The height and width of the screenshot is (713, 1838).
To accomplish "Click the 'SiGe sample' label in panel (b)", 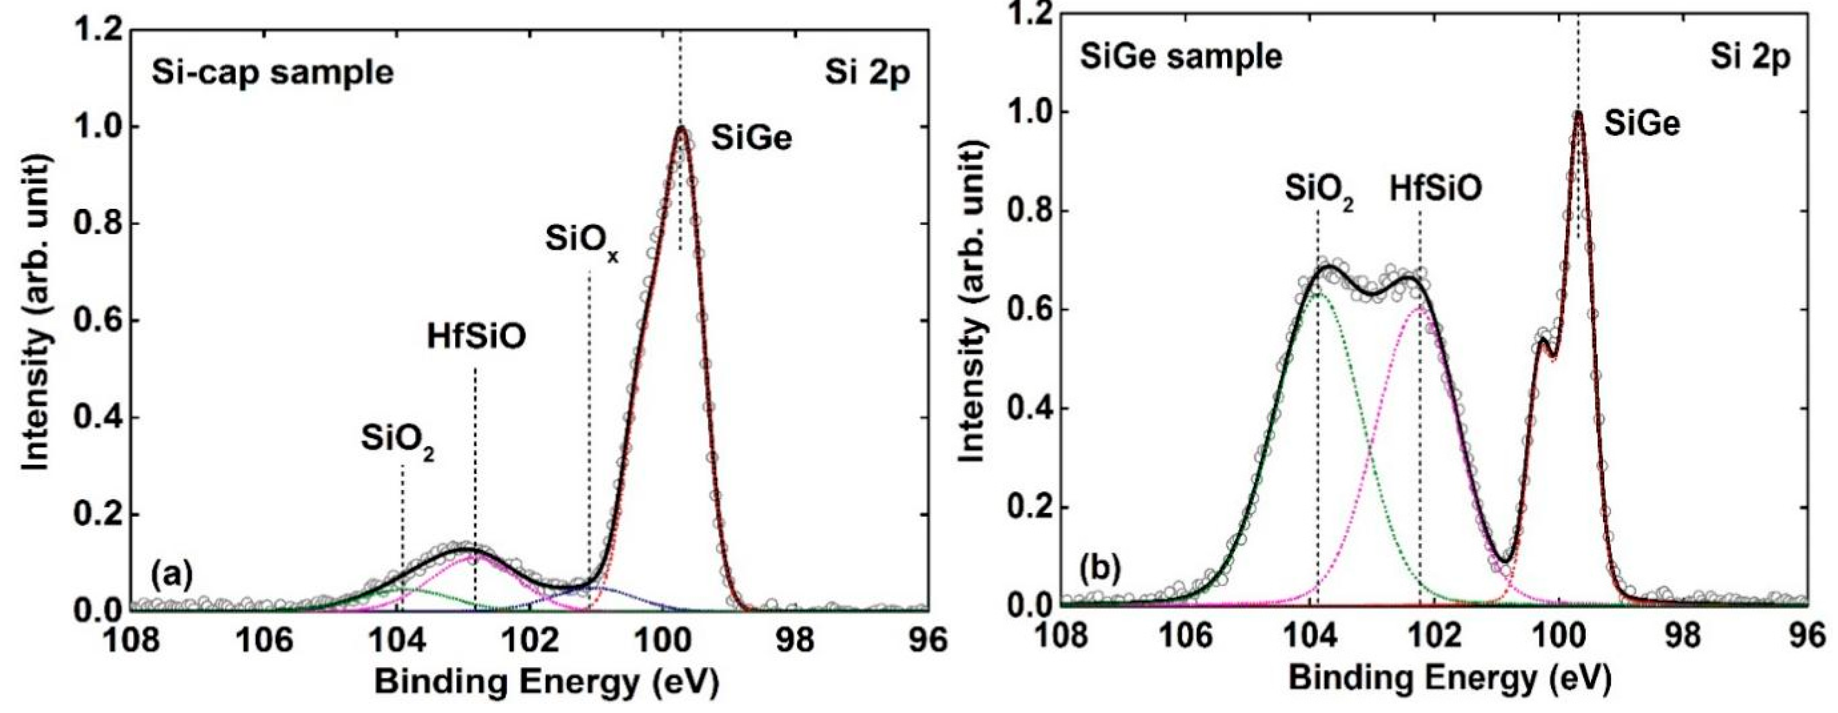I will (1181, 57).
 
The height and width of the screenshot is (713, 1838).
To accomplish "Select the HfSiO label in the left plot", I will (477, 338).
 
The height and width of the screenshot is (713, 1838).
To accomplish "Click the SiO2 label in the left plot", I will (398, 442).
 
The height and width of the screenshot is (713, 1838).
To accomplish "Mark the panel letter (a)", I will (171, 575).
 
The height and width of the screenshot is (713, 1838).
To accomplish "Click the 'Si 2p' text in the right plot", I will (1750, 57).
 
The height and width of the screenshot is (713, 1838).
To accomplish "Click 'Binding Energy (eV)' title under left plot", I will (546, 682).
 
